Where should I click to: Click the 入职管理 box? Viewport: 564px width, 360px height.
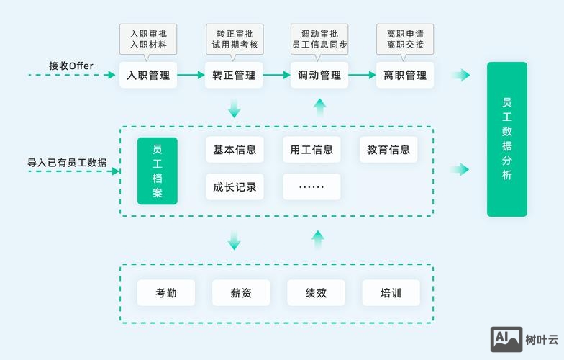148,75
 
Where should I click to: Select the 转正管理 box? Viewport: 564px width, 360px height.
234,75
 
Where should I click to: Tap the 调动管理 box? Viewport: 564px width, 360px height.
319,75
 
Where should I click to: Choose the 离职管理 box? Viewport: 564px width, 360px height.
405,75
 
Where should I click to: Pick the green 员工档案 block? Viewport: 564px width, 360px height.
158,171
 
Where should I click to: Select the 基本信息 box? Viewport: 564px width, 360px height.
235,150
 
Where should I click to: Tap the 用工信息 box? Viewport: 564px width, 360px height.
311,150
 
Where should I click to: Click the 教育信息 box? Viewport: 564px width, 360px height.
388,150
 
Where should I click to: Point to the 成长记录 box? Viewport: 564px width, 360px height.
235,187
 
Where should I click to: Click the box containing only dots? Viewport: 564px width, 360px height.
311,187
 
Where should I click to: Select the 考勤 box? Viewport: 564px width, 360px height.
165,293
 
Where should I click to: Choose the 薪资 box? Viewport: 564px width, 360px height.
241,293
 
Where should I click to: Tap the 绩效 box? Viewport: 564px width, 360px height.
316,293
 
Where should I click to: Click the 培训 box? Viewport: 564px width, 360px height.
391,293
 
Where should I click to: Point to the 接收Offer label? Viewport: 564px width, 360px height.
71,66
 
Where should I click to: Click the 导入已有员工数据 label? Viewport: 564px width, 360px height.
67,163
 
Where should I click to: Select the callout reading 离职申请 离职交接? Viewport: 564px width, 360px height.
405,39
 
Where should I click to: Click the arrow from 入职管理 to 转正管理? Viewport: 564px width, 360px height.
191,75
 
